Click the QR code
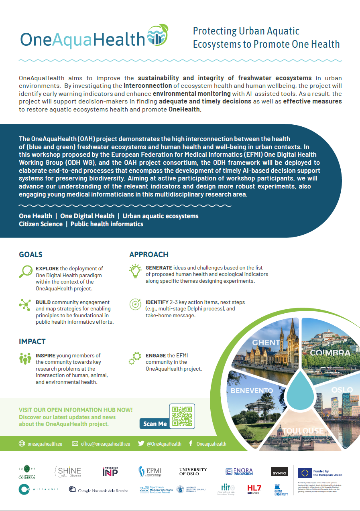coord(182,416)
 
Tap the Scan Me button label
coord(155,424)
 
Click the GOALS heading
coord(31,255)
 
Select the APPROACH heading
coord(149,255)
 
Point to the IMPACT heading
coord(32,342)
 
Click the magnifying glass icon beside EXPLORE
coord(25,272)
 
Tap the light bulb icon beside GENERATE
coord(135,271)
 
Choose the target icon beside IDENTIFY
coord(135,304)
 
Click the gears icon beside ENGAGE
coord(135,358)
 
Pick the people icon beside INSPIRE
coord(25,358)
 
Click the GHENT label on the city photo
coord(266,343)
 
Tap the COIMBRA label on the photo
coord(330,353)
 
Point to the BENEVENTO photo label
coord(252,391)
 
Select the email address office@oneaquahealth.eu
coord(106,444)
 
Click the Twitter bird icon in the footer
coord(141,444)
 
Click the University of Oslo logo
coord(193,472)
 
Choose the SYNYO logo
coord(279,472)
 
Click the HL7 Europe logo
coord(254,489)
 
